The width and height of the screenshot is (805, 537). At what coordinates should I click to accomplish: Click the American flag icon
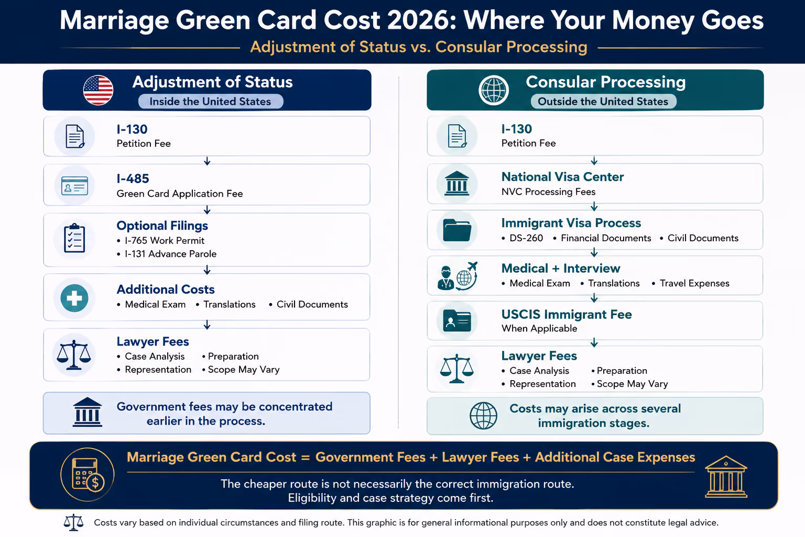click(98, 90)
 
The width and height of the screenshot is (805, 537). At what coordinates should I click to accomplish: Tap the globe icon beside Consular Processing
click(493, 90)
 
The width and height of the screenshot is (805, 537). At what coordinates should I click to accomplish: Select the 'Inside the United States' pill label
click(210, 101)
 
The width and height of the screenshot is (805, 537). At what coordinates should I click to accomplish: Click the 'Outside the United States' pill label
click(603, 101)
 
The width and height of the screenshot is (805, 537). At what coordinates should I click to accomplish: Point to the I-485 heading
click(133, 178)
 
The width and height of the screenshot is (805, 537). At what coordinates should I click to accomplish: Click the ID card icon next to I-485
click(75, 186)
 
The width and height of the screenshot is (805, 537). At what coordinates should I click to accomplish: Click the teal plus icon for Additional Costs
click(74, 298)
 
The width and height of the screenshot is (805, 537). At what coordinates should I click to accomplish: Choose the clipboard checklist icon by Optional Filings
click(74, 238)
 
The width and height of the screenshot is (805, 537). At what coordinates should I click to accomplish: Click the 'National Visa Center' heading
click(562, 177)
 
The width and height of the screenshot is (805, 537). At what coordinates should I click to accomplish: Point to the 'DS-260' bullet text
click(526, 238)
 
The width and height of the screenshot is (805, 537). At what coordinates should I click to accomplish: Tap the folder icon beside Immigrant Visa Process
click(457, 230)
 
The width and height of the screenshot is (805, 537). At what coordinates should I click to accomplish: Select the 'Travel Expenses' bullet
click(694, 283)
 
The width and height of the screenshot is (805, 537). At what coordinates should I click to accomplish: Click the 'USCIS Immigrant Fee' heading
click(567, 314)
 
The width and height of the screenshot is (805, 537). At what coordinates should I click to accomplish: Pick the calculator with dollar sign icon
click(88, 475)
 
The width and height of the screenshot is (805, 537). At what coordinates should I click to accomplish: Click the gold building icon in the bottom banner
click(726, 477)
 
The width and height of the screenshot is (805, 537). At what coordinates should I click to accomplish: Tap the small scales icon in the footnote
click(73, 522)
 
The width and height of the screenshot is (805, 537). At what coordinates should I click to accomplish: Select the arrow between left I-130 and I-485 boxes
click(207, 161)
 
